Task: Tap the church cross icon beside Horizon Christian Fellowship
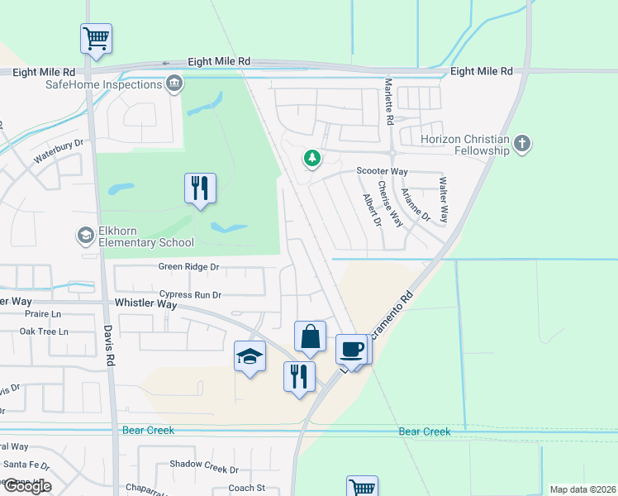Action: click(521, 145)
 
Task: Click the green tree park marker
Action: click(311, 157)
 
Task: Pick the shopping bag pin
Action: click(310, 338)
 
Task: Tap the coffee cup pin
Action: click(351, 350)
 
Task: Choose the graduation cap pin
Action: click(250, 357)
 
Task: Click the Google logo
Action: click(26, 486)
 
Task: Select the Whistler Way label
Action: click(145, 303)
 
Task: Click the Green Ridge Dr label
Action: click(189, 267)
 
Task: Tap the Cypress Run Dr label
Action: click(191, 294)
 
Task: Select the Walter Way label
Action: click(444, 199)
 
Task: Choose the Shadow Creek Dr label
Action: click(203, 465)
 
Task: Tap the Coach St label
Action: click(246, 488)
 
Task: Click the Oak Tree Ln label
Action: click(44, 331)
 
